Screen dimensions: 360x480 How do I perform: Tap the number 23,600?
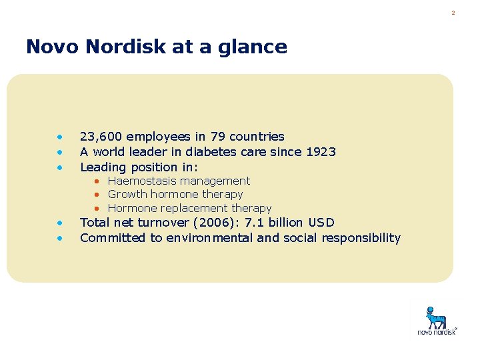[100, 137]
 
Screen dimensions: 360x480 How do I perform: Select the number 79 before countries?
[217, 137]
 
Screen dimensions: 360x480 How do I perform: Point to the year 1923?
[321, 152]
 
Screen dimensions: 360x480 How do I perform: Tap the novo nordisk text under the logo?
[437, 331]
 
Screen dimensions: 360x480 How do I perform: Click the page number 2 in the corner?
[453, 13]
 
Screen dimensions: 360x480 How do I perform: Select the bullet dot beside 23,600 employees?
[59, 137]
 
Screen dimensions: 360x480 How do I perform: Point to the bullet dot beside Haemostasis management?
[97, 181]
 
